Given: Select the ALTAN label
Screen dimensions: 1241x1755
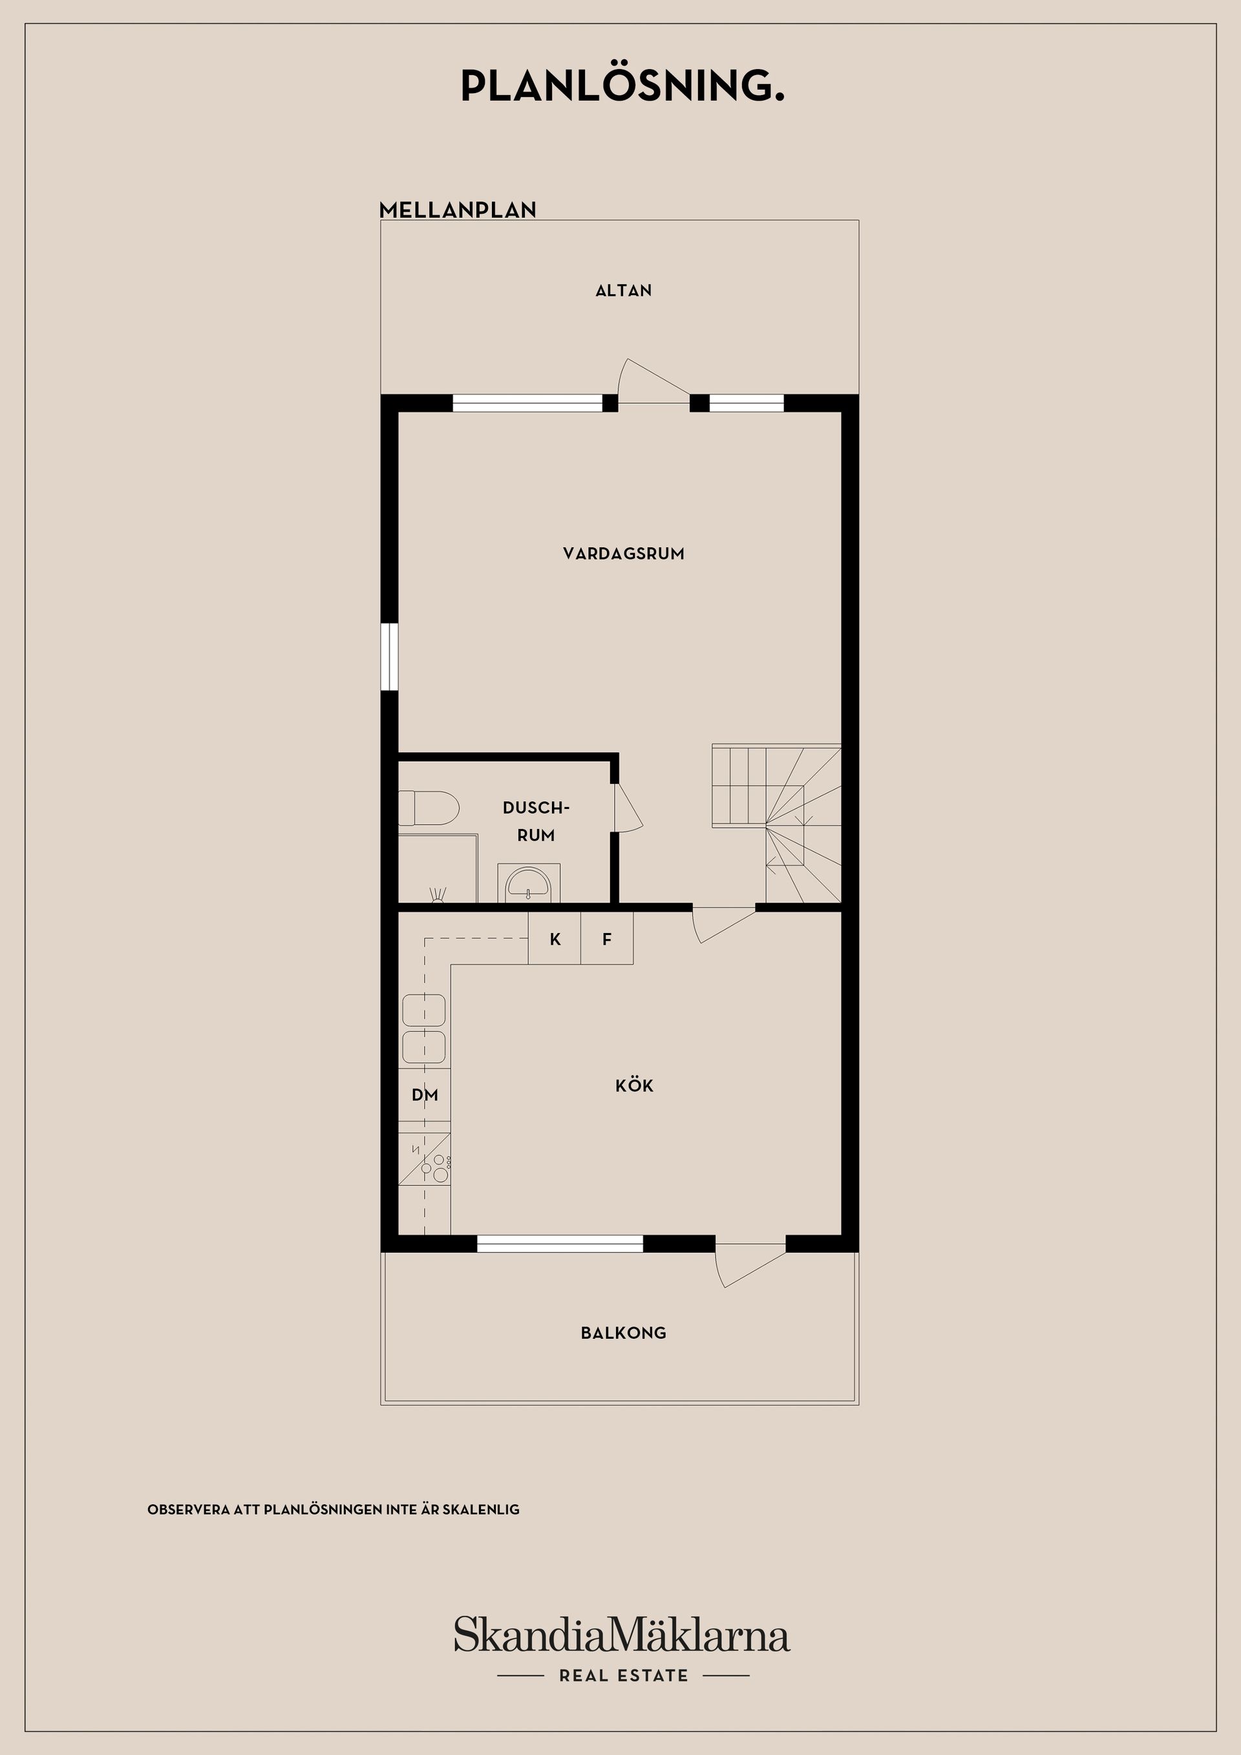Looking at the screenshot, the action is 623,291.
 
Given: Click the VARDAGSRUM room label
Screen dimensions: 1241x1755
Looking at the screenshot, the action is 623,553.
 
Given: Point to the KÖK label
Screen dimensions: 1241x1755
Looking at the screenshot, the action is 635,1086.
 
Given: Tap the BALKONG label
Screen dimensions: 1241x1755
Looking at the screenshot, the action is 623,1333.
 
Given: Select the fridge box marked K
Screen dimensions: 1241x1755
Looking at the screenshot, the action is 555,939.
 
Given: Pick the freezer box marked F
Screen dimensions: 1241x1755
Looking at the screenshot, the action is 606,939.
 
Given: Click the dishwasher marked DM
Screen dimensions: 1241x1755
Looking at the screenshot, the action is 425,1095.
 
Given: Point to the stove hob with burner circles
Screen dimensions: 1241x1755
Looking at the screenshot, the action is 425,1158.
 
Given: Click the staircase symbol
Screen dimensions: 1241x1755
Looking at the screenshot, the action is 777,823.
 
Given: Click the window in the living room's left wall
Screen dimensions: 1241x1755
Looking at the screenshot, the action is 389,657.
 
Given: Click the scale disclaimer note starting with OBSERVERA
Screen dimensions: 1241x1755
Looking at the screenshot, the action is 334,1509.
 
